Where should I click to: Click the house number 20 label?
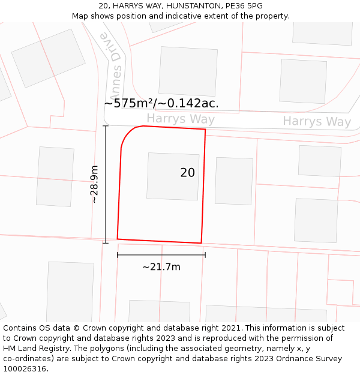pyautogui.click(x=187, y=173)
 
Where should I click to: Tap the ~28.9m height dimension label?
pyautogui.click(x=94, y=185)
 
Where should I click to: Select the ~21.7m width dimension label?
pyautogui.click(x=161, y=267)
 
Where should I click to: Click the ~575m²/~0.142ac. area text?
pyautogui.click(x=161, y=103)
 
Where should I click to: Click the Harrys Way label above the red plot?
pyautogui.click(x=180, y=119)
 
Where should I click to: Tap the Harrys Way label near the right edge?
pyautogui.click(x=317, y=122)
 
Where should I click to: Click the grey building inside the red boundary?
pyautogui.click(x=173, y=176)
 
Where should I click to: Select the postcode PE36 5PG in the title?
pyautogui.click(x=243, y=6)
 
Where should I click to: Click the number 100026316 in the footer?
pyautogui.click(x=25, y=369)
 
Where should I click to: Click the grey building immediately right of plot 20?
pyautogui.click(x=233, y=181)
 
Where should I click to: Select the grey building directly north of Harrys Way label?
pyautogui.click(x=188, y=71)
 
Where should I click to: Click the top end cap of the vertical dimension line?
pyautogui.click(x=106, y=126)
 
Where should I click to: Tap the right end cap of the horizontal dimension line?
pyautogui.click(x=205, y=255)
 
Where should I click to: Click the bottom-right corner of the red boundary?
pyautogui.click(x=201, y=243)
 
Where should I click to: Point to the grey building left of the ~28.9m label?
pyautogui.click(x=55, y=176)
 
